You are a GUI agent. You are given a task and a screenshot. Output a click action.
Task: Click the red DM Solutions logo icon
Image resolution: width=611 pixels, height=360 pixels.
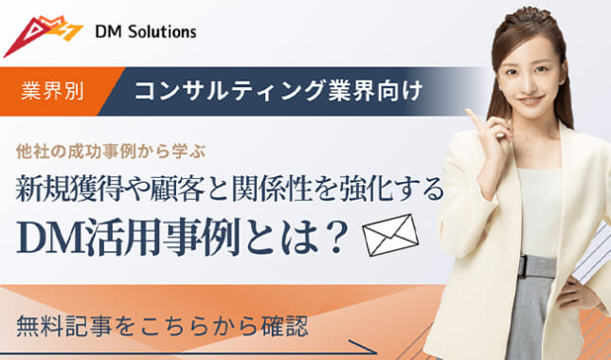pos(43,35)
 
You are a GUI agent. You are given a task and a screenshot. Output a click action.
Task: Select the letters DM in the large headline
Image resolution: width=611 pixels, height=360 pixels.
pos(47,235)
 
